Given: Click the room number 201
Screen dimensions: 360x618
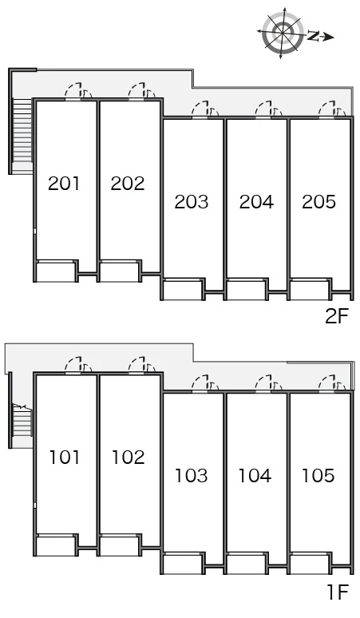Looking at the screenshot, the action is click(x=64, y=184).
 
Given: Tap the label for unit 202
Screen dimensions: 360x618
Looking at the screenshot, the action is click(x=128, y=184).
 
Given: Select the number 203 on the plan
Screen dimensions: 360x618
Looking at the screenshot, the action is click(x=192, y=202).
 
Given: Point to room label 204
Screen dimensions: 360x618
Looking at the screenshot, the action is click(x=256, y=202).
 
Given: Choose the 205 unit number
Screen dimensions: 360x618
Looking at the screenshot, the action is click(x=319, y=201).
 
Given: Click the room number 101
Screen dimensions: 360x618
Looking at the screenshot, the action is click(x=65, y=458).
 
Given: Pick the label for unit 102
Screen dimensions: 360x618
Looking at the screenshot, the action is click(x=129, y=458).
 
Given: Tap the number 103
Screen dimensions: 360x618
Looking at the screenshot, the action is click(x=192, y=476).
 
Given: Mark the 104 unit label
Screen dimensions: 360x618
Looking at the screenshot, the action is click(x=255, y=476).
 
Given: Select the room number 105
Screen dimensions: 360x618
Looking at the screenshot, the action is click(x=318, y=475).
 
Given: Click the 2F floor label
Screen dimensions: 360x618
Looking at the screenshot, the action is click(x=337, y=316).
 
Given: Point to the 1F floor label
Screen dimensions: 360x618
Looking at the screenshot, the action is click(x=338, y=592).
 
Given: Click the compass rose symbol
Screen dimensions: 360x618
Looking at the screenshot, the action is click(x=282, y=32).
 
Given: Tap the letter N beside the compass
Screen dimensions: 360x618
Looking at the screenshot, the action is click(x=314, y=36).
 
